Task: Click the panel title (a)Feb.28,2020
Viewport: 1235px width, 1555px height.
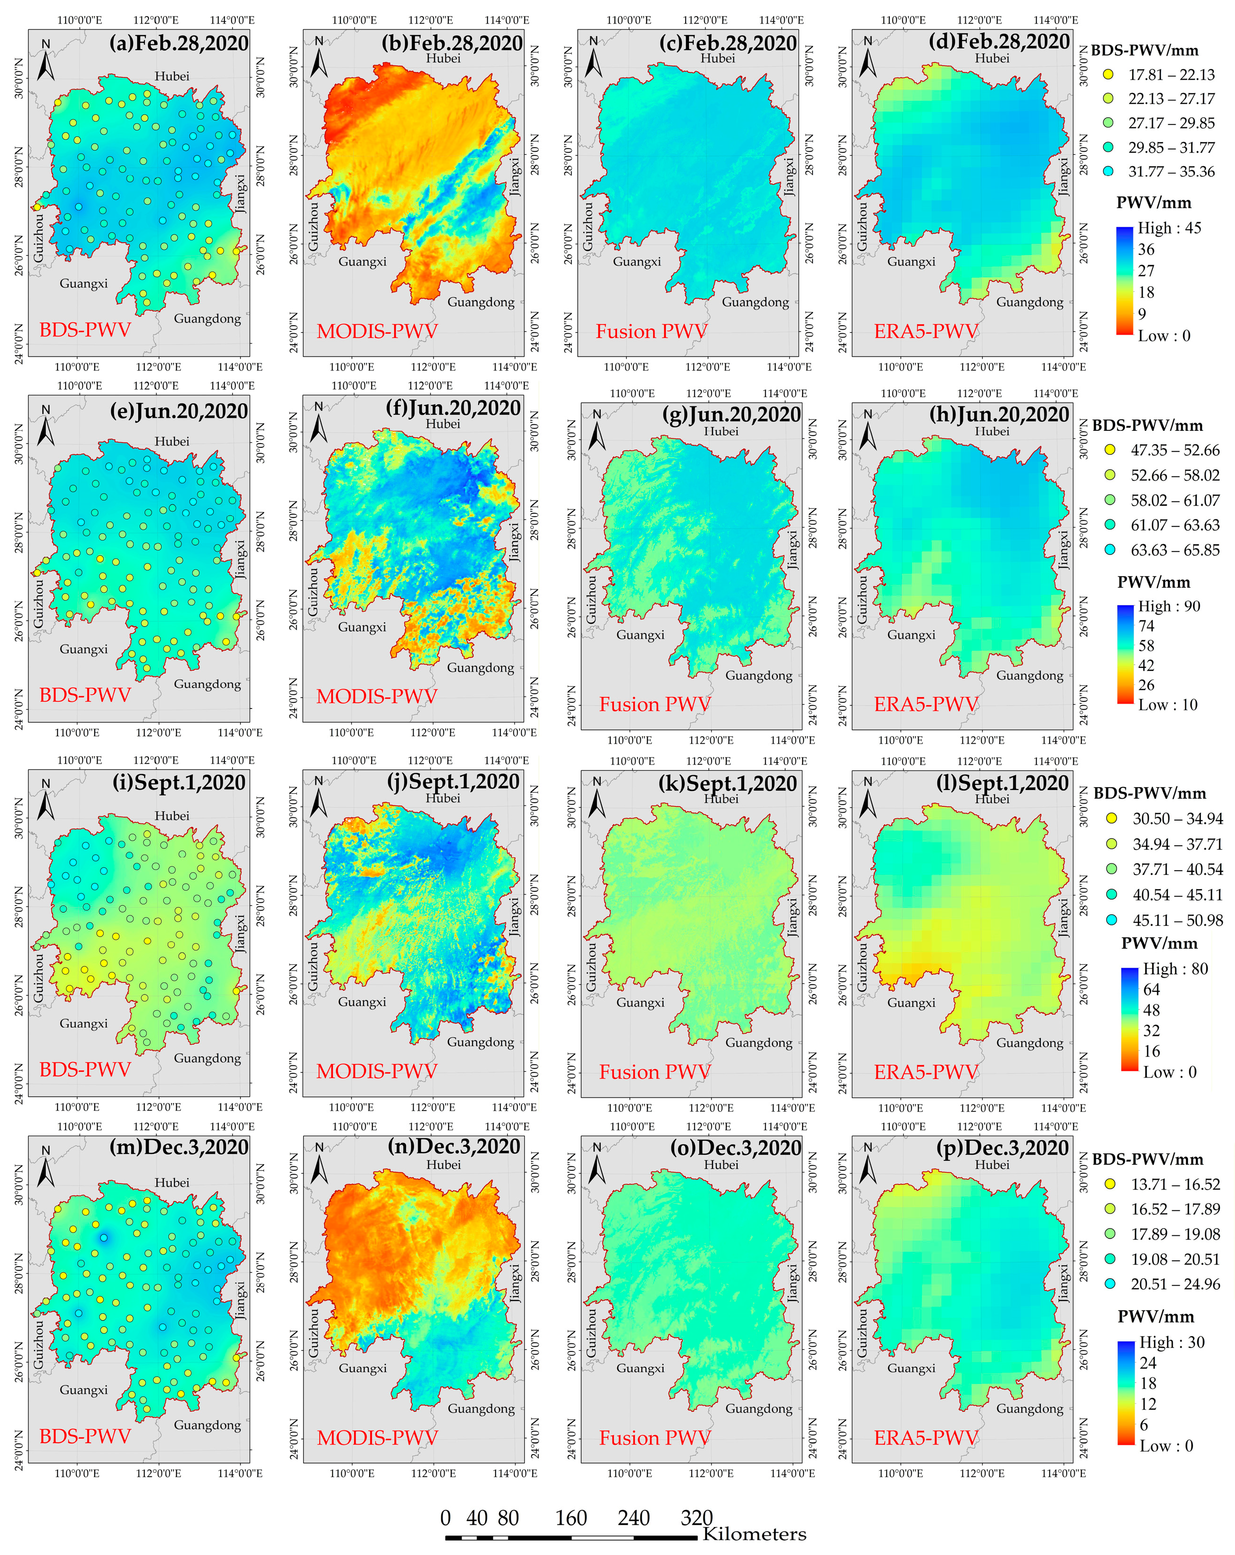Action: pos(179,43)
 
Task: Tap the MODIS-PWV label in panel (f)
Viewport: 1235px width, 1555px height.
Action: pos(377,696)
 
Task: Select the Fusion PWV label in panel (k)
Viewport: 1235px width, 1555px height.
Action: pos(655,1072)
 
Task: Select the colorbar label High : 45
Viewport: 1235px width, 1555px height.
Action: pos(1169,228)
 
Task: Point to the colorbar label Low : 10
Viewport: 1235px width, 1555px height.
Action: pos(1167,705)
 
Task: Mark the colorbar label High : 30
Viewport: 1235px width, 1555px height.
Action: pos(1171,1342)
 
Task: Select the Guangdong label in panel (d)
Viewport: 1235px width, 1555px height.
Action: pos(1029,302)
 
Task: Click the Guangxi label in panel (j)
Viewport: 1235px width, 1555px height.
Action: pos(362,1002)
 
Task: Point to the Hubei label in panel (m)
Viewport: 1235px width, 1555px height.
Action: pos(172,1182)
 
